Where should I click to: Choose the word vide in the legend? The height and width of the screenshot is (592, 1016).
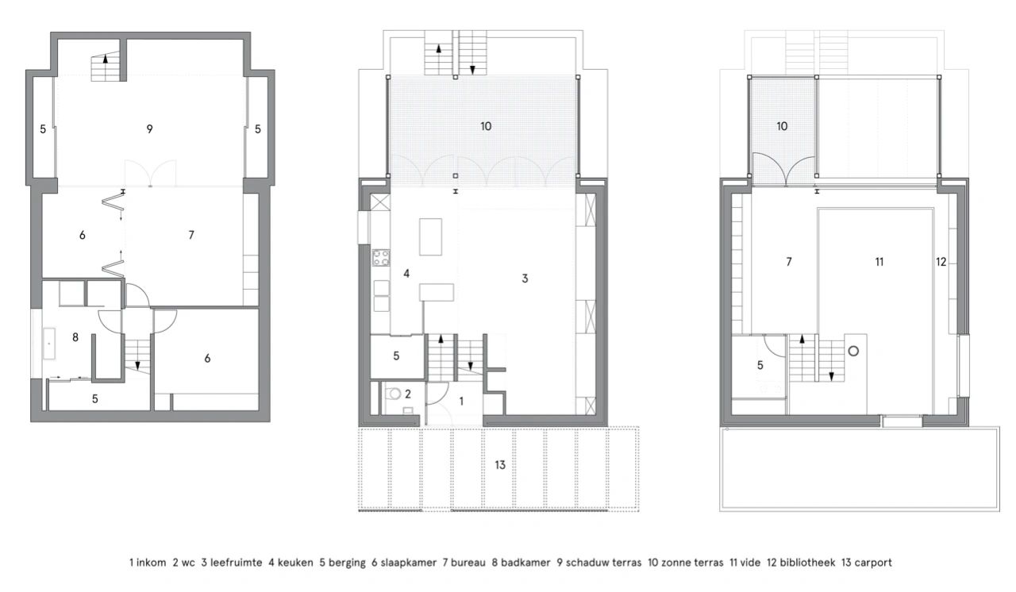click(748, 563)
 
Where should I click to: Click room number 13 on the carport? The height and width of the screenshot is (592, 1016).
click(500, 465)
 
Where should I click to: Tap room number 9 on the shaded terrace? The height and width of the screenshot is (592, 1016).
click(149, 129)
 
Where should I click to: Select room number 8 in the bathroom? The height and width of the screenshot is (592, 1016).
click(75, 337)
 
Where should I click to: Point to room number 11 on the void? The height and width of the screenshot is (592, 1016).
click(879, 262)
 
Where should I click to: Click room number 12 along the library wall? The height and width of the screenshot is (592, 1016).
click(941, 262)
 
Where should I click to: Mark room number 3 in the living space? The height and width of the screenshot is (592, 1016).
click(525, 279)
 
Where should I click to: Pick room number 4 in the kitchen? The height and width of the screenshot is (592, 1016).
click(406, 274)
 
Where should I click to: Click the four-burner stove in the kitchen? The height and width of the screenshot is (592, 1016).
click(381, 258)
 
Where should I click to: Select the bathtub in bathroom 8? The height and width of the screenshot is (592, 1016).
click(48, 343)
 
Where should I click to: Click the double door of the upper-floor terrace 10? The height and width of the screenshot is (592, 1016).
click(784, 170)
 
